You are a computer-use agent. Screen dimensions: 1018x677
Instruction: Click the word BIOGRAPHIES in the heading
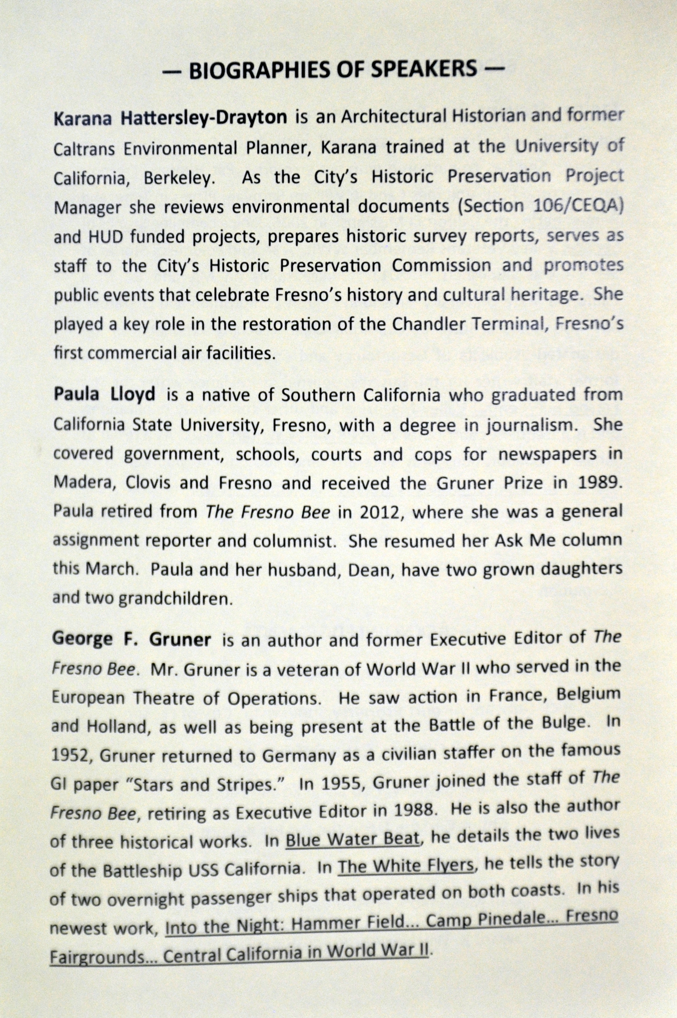[260, 71]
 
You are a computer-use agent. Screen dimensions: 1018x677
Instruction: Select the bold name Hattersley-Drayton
[204, 117]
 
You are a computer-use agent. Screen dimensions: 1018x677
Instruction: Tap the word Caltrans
[85, 149]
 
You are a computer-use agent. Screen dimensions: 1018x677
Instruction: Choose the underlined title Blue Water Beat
[352, 839]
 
